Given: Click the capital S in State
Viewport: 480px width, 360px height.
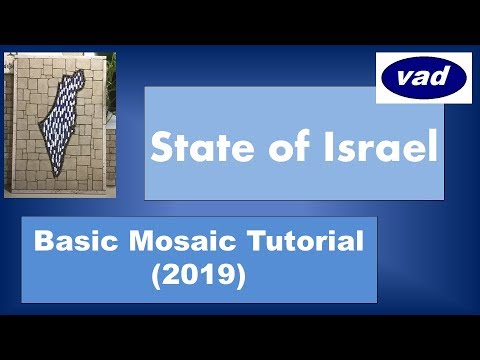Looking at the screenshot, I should pos(160,147).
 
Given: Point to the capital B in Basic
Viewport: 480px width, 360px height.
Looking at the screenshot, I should pos(41,242).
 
